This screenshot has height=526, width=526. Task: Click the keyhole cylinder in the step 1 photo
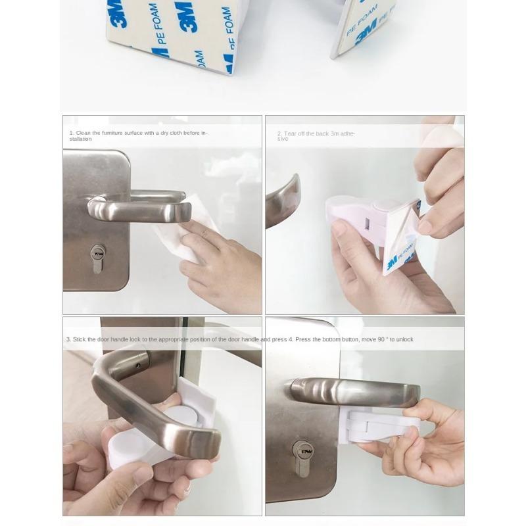point(98,258)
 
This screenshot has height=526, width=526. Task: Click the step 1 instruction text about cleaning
point(138,135)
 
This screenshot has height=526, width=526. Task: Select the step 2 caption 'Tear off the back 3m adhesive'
point(316,135)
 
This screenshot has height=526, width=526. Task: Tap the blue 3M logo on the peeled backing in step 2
point(393,262)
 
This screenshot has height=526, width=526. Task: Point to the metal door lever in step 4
point(355,391)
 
